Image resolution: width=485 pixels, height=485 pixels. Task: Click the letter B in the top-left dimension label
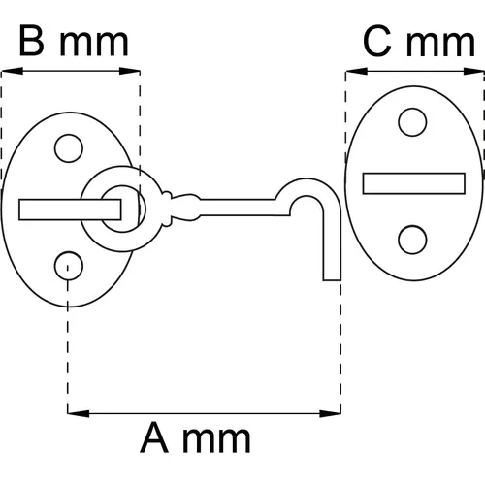point(31,41)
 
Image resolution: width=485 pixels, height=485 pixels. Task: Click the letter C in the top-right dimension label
point(377,42)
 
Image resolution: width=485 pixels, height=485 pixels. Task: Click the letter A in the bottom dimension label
point(154,437)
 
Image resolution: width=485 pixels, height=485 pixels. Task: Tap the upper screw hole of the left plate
point(69,148)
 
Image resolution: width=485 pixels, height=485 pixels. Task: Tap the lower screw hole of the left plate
point(69,266)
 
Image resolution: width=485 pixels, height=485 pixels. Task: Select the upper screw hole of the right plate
point(412,122)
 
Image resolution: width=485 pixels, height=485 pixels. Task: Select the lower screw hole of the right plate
point(412,240)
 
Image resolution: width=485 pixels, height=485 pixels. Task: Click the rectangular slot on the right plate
point(414,183)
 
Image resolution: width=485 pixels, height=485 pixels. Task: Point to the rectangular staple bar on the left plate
point(70,210)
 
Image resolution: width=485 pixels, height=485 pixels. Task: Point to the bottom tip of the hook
point(332,280)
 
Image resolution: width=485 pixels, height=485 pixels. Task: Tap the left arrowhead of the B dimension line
point(13,71)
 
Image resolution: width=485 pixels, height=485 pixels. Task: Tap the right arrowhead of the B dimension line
point(129,71)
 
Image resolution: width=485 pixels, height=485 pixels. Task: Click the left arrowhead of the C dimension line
point(357,71)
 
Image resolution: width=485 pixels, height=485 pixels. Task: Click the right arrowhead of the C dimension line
point(473,71)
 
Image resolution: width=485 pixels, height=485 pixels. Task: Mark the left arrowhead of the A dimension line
point(79,413)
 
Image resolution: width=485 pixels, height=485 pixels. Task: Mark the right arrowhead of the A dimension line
point(330,413)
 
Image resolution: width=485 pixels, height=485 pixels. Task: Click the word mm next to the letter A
point(216,440)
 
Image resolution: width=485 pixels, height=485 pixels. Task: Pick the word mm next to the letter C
point(440,45)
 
